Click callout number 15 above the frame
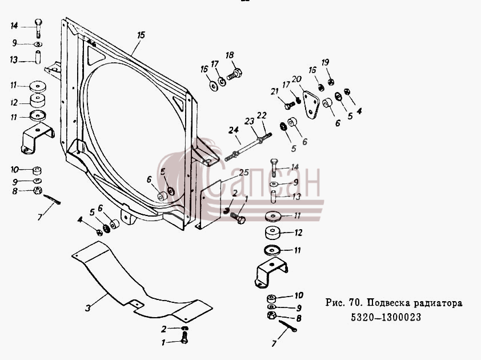[x=141, y=35]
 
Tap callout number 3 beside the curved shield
[x=88, y=307]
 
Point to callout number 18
[x=230, y=55]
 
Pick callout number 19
[x=325, y=63]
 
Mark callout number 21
[x=274, y=91]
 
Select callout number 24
[x=234, y=130]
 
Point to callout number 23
[x=250, y=121]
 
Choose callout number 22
[x=262, y=115]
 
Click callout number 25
[x=244, y=173]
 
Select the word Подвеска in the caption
[x=388, y=303]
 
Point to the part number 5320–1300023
[x=386, y=317]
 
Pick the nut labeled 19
[x=331, y=82]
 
